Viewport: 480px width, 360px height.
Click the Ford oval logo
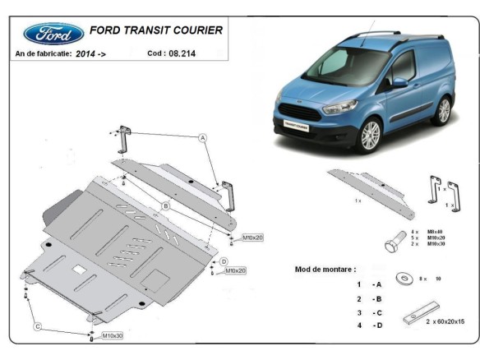tap(54, 33)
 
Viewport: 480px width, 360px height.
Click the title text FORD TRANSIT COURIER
tap(155, 30)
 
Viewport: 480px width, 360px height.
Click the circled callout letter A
tap(202, 138)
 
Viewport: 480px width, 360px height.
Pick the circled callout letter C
tap(37, 328)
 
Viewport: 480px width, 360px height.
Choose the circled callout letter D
tap(223, 261)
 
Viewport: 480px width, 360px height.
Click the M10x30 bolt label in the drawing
tap(113, 336)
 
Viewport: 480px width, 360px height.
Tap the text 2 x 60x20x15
tap(445, 321)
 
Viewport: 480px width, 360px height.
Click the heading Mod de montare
tap(325, 269)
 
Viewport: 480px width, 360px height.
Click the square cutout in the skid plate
tap(79, 269)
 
